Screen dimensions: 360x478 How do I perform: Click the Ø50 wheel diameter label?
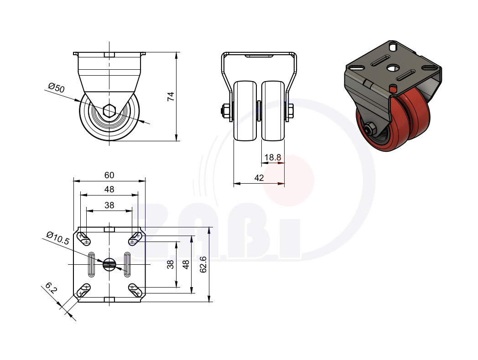(56, 88)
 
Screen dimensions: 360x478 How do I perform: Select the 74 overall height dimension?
(171, 96)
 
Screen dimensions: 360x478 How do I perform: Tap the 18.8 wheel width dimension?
(273, 158)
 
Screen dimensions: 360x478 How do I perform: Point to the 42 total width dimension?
(259, 178)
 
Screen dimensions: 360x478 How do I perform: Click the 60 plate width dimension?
(109, 175)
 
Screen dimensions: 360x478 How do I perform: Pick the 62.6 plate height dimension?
(203, 264)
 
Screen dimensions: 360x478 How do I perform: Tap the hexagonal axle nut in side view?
(109, 110)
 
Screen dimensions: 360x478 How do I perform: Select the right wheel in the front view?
(273, 111)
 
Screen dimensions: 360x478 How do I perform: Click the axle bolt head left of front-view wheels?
(224, 111)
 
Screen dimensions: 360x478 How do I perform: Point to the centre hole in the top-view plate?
(109, 264)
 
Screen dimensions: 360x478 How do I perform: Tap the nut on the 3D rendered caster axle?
(370, 129)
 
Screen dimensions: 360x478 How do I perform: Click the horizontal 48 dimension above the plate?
(109, 190)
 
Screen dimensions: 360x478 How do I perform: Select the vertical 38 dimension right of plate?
(170, 264)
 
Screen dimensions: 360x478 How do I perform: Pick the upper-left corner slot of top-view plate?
(83, 237)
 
